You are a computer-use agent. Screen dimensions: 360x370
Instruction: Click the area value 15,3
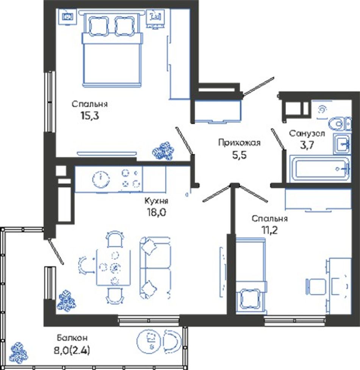[x=89, y=116]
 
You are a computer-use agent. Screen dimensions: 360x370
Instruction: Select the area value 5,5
[x=239, y=155]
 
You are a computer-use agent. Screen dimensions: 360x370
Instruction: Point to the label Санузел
[x=307, y=134]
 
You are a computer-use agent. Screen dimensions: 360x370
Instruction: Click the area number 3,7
[x=307, y=145]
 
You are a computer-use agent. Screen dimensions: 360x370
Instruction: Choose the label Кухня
[x=156, y=201]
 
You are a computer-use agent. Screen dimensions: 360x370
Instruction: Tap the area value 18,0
[x=156, y=212]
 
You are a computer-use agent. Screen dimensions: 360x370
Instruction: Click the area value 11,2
[x=269, y=230]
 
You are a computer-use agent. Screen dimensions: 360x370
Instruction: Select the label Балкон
[x=72, y=338]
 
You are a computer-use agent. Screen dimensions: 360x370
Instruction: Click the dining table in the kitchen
[x=113, y=268]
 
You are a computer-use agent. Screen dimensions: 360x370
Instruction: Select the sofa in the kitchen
[x=155, y=268]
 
